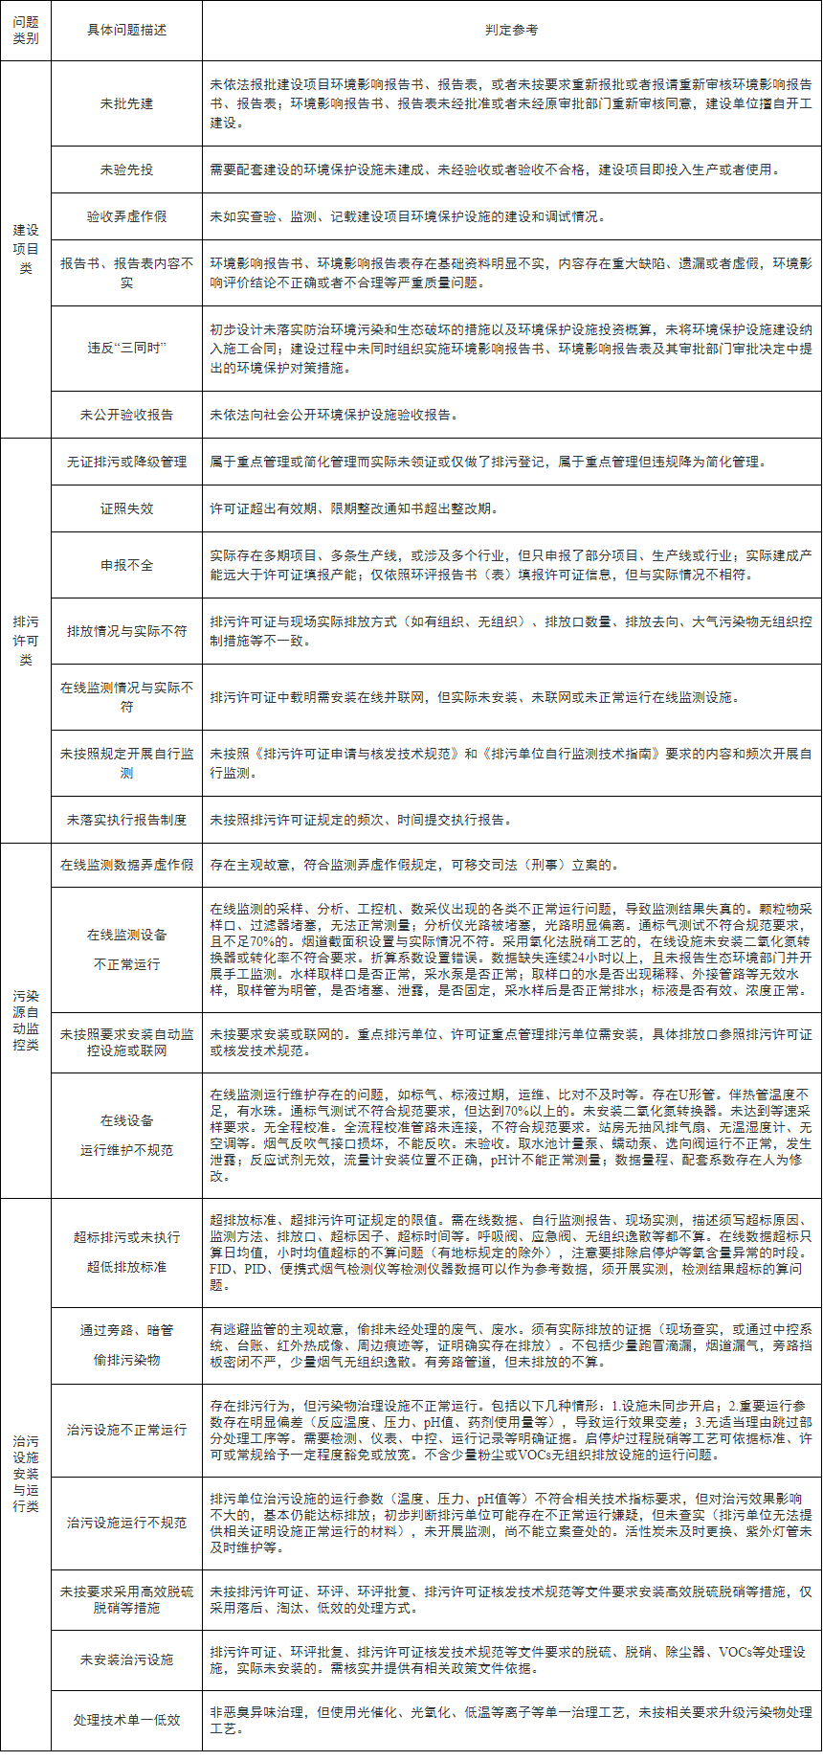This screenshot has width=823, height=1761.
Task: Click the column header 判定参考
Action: (511, 31)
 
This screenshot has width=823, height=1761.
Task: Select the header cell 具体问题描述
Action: (126, 31)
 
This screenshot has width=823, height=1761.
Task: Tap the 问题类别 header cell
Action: (26, 31)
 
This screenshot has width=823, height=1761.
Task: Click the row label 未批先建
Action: (126, 103)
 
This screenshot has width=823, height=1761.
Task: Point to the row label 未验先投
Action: (126, 169)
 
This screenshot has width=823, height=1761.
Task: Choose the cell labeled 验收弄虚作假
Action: (126, 216)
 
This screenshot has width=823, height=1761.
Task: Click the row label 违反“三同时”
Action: (126, 349)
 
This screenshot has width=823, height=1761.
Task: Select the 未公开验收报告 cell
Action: (126, 415)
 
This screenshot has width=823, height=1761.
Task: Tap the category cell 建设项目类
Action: (26, 249)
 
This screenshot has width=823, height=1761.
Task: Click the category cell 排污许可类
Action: (26, 641)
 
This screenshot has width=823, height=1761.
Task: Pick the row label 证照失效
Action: (126, 508)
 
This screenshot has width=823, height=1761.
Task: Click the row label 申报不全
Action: (126, 565)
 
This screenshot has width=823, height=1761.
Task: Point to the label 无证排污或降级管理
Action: (126, 462)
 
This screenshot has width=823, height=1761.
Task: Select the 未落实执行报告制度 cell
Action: (126, 820)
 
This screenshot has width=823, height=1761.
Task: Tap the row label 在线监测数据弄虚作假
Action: (126, 865)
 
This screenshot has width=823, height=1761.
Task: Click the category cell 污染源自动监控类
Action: (26, 1020)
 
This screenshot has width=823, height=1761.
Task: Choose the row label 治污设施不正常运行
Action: (126, 1430)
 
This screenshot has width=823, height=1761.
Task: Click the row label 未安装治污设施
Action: (126, 1659)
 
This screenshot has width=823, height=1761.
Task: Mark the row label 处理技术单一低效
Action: (126, 1720)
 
